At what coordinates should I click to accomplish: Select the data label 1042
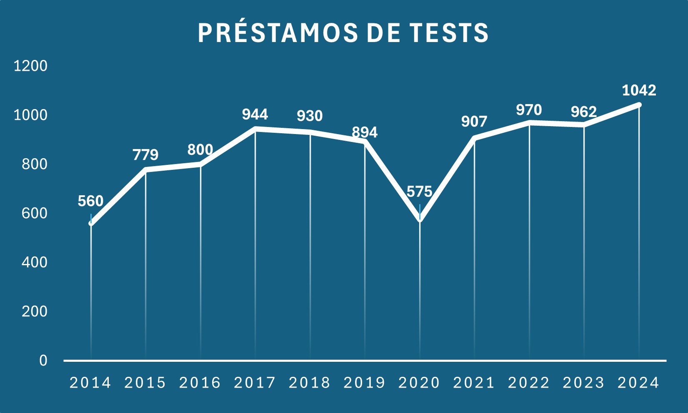(639, 90)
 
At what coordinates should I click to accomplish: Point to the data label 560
(90, 201)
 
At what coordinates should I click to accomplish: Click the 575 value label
(419, 192)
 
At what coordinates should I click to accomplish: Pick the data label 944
(255, 114)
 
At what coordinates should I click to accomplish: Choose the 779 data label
(145, 155)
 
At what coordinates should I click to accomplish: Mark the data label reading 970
(529, 110)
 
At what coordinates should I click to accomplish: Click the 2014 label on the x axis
(90, 383)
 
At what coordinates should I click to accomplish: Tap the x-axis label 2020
(419, 383)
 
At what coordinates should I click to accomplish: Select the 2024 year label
(638, 383)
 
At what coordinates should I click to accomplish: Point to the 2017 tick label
(255, 383)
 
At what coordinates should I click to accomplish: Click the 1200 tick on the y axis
(30, 66)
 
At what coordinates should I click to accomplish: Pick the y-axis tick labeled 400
(34, 262)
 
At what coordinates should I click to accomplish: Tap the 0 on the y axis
(43, 361)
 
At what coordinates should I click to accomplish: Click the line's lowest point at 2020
(420, 219)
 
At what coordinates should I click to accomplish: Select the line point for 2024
(639, 105)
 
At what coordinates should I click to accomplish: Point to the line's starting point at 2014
(91, 224)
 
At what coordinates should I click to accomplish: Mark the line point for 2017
(255, 129)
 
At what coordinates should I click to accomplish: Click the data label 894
(365, 132)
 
